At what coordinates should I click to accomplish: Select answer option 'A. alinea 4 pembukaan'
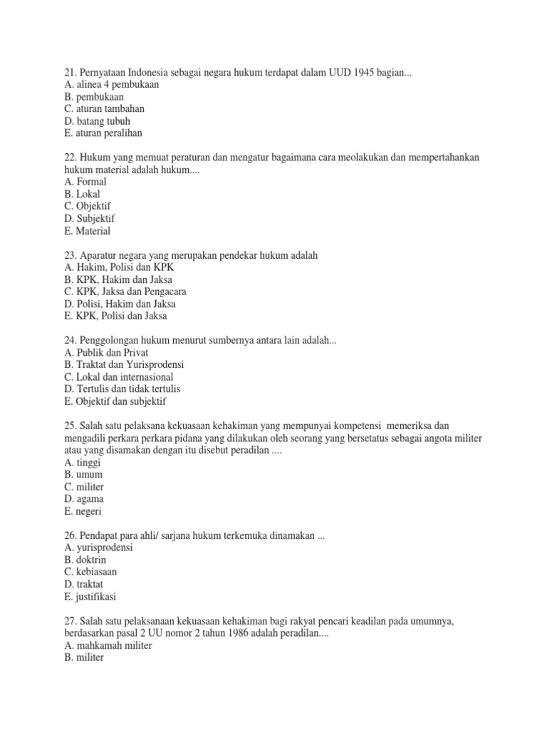point(110,84)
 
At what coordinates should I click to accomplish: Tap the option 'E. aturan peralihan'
point(103,133)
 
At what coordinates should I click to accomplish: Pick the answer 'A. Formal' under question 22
point(85,182)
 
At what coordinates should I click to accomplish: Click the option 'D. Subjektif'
point(89,218)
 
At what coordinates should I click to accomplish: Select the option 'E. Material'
point(87,231)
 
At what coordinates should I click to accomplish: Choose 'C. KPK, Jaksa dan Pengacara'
point(125,292)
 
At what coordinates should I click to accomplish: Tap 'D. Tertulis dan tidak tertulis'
point(122,389)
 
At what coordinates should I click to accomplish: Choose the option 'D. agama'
point(83,499)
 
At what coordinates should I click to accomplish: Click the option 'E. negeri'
point(83,511)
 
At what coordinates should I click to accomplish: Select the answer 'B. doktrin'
point(85,560)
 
